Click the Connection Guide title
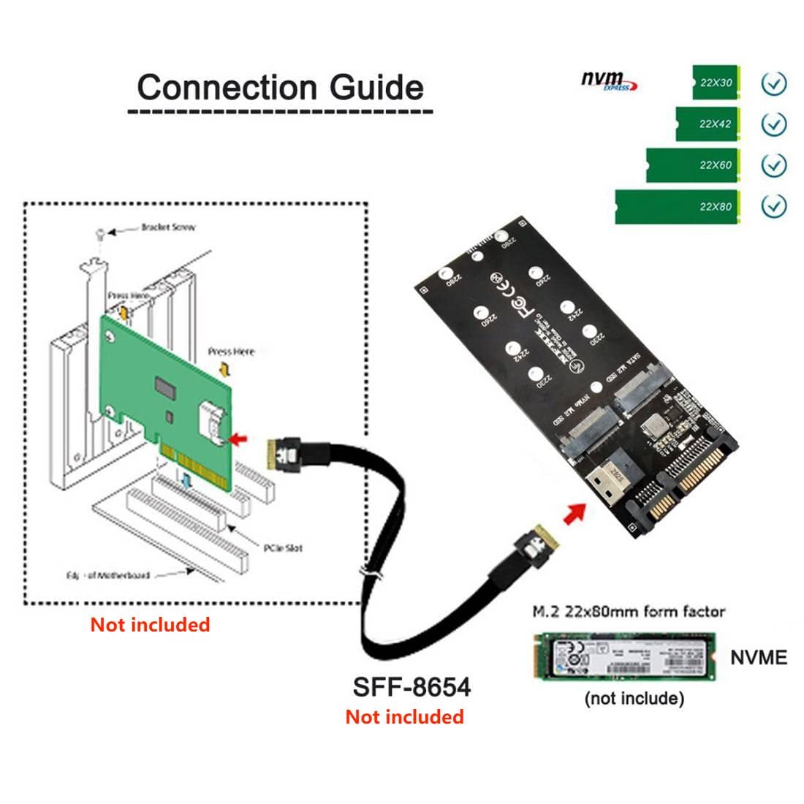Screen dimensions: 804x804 click(280, 87)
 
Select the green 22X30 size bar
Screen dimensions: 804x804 click(716, 83)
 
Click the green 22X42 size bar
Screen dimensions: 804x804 click(708, 124)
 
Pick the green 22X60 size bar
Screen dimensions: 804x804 click(693, 165)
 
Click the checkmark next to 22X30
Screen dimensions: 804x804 click(773, 83)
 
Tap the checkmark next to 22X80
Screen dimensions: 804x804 click(773, 207)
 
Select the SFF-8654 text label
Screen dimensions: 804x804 click(412, 687)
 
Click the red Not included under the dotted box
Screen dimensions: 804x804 click(150, 625)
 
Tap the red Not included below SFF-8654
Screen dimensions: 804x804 click(404, 717)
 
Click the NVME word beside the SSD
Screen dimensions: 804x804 click(759, 657)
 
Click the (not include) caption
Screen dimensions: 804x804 click(634, 699)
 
